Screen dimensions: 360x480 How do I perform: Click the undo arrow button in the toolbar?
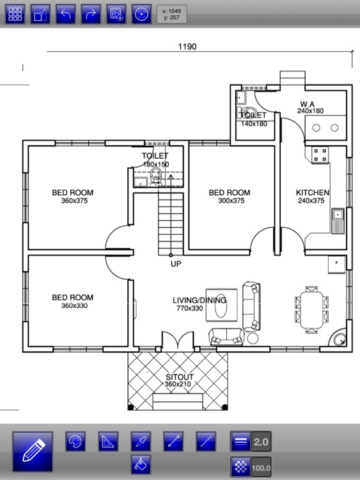65,14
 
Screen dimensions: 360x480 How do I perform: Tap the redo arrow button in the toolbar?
91,14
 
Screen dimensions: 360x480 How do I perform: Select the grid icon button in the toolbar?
15,14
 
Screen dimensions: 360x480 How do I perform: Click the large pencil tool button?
33,452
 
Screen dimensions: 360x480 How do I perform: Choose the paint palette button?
75,442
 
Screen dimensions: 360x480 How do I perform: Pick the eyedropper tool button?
141,442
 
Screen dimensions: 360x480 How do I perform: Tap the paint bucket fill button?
141,465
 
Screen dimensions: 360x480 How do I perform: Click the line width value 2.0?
261,442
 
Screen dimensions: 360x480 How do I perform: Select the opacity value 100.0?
261,467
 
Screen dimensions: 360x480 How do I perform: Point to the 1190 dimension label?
187,47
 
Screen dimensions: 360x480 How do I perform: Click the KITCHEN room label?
312,193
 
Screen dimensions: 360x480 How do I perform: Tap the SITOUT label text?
180,377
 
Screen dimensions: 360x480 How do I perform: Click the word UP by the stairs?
176,264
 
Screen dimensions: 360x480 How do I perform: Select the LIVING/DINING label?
200,300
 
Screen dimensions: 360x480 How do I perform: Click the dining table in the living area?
311,310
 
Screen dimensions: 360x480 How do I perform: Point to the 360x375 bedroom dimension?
74,201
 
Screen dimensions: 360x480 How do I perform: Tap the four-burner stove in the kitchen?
320,155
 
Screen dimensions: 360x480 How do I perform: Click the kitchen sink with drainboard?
338,221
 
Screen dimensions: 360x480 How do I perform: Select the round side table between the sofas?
253,339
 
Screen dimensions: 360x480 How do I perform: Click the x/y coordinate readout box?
172,14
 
